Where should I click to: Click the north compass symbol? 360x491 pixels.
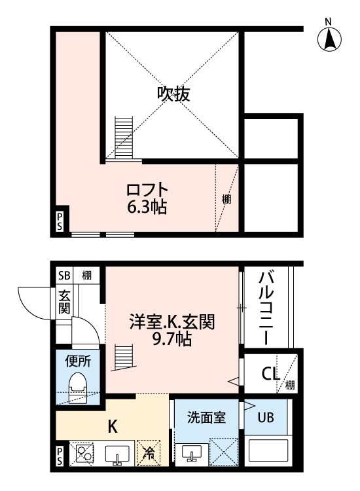329,37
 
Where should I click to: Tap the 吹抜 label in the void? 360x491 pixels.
173,94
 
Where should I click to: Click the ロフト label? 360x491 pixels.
147,189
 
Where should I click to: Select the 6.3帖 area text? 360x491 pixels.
147,207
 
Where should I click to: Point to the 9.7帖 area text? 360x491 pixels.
172,338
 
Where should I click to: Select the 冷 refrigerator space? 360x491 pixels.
149,452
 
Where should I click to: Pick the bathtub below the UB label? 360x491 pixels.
268,450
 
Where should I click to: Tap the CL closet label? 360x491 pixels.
270,374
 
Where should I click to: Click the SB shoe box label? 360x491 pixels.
65,276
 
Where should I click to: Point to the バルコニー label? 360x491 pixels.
266,308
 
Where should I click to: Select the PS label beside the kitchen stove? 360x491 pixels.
60,456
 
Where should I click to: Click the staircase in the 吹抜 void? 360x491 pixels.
124,138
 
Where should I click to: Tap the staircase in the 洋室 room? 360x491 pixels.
124,357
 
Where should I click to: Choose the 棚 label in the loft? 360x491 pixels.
226,199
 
